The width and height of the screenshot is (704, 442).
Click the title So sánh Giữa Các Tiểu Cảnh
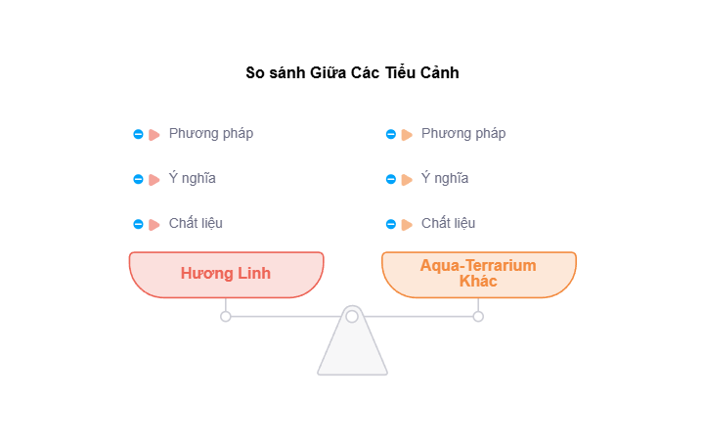click(352, 73)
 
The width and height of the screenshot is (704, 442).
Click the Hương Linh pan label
click(226, 273)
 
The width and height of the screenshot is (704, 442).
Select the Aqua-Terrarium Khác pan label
click(478, 273)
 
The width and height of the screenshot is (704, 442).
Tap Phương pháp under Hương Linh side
click(211, 134)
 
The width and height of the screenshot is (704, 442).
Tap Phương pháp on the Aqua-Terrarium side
click(463, 134)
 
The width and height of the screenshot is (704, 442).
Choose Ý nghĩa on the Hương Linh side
click(193, 179)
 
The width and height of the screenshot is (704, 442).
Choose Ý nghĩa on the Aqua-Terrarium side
click(445, 179)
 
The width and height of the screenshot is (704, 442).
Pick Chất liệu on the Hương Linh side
click(196, 224)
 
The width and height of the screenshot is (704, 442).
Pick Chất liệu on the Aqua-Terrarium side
click(449, 224)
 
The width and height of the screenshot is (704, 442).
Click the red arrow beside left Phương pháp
click(154, 135)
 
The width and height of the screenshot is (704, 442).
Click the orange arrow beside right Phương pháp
click(407, 135)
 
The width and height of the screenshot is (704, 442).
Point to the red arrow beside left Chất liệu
click(154, 225)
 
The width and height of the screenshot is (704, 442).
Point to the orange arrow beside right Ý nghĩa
click(407, 180)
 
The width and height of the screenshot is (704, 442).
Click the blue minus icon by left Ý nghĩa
click(138, 180)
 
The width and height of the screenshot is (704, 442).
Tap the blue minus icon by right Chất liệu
click(391, 225)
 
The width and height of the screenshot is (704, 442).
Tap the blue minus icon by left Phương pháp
click(138, 135)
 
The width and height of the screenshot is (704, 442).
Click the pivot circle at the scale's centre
click(352, 316)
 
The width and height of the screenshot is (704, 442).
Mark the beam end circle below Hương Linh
click(226, 316)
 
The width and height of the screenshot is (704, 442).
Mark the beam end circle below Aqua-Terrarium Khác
click(478, 316)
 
